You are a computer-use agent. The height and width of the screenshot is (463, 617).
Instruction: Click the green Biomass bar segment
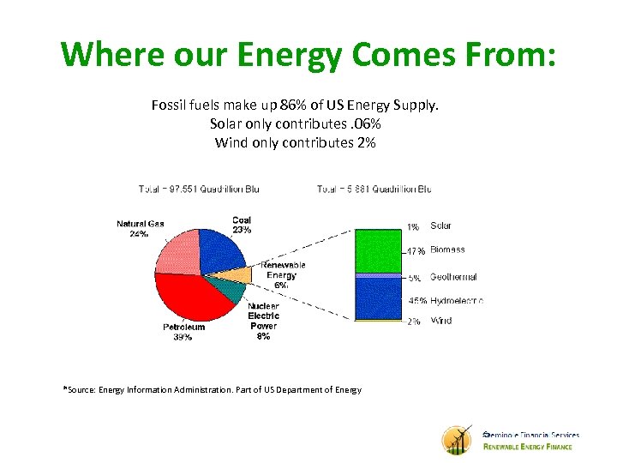click(x=378, y=250)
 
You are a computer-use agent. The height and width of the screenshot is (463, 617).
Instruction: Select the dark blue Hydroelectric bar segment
click(x=378, y=298)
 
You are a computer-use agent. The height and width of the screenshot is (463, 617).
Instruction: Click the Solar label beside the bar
click(x=440, y=225)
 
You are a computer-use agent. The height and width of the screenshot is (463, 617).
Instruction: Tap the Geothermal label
click(x=453, y=277)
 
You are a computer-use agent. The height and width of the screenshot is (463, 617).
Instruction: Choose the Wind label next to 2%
click(x=441, y=321)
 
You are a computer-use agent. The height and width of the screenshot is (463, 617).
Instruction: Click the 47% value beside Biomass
click(x=416, y=251)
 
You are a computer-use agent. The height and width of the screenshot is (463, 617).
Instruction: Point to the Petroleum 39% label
click(x=183, y=332)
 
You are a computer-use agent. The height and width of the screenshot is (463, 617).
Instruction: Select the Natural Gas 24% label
click(x=140, y=229)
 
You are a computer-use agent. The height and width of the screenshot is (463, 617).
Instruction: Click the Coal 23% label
click(x=242, y=225)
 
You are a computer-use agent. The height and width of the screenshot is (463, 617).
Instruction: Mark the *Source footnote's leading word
click(x=80, y=389)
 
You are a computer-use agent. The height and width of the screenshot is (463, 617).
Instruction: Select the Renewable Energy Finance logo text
click(x=531, y=447)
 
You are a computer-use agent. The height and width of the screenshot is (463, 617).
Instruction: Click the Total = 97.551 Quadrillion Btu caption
click(x=199, y=189)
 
